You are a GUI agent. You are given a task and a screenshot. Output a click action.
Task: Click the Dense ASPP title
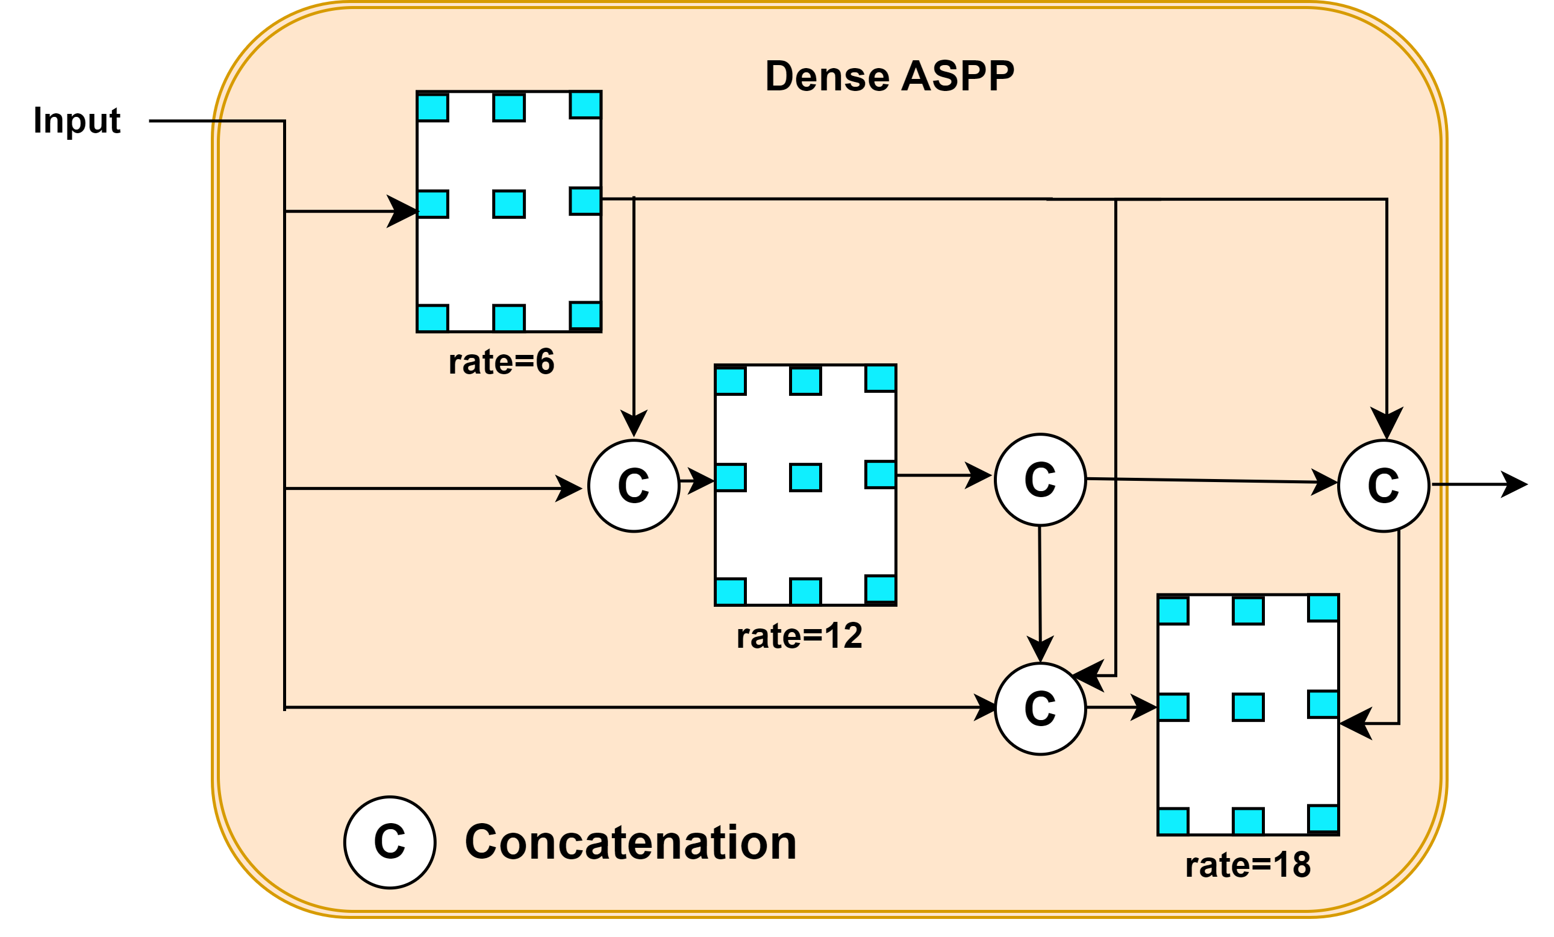coord(889,77)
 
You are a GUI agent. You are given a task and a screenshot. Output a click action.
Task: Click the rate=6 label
coord(501,362)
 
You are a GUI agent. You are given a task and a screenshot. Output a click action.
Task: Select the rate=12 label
coord(799,636)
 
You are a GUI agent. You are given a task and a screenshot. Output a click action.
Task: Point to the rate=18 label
coord(1247,865)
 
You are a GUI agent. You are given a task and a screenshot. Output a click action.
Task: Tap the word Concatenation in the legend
coord(631,842)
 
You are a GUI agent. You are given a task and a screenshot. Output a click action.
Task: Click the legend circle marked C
coord(390,842)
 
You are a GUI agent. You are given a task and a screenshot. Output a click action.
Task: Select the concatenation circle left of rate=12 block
coord(634,486)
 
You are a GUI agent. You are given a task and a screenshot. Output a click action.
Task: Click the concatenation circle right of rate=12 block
coord(1040,480)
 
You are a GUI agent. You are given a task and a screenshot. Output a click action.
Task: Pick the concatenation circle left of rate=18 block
coord(1040,709)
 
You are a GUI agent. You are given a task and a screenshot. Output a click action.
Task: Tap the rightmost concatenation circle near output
coord(1383,486)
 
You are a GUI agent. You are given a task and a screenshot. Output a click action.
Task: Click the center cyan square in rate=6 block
coord(509,204)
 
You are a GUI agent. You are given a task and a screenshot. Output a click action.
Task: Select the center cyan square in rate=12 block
coord(805,478)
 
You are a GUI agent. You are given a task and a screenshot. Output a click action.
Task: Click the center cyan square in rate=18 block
coord(1248,707)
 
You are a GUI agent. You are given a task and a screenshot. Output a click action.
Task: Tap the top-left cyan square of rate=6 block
coord(432,108)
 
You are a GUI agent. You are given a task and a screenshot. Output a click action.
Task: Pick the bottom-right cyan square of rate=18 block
coord(1323,819)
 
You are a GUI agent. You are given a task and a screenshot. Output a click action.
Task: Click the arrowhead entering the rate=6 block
coord(404,212)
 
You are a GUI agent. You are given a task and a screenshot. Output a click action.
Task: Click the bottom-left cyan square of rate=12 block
coord(731,592)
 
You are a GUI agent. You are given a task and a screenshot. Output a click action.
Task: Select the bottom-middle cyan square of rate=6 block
coord(509,319)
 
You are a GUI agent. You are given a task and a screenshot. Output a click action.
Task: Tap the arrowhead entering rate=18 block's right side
coord(1355,724)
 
